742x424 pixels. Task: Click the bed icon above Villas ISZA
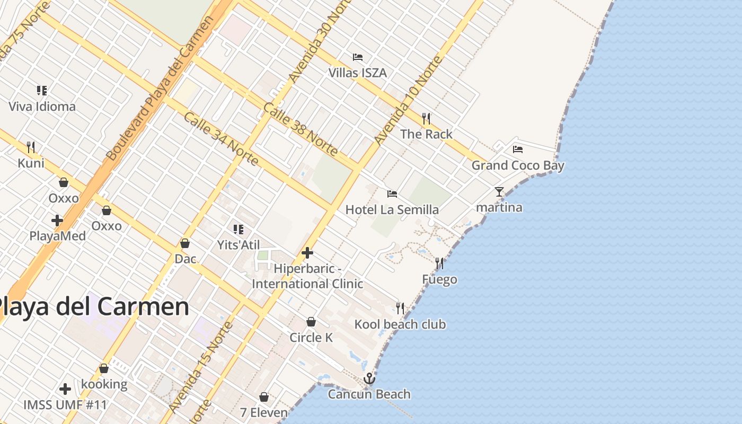point(358,57)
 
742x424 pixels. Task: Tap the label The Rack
point(427,134)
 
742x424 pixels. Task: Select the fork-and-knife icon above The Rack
point(426,118)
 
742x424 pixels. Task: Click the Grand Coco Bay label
point(518,165)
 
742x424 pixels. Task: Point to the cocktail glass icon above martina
point(499,191)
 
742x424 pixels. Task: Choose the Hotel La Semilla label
point(392,210)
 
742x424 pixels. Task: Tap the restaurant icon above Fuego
point(439,263)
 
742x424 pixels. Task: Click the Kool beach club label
point(400,324)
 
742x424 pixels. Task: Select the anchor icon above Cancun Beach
point(369,378)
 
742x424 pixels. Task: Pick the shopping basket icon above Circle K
point(311,322)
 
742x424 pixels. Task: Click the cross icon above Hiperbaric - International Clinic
point(307,253)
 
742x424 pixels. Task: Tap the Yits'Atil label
point(238,245)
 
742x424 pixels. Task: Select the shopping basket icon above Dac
point(185,243)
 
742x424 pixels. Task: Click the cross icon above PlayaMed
point(57,220)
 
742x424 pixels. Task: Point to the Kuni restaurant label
point(31,163)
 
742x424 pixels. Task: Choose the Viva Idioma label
point(42,107)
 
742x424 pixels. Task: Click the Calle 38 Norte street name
point(301,129)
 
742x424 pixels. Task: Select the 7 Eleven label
point(264,412)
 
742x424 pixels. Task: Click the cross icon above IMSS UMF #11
point(65,390)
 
